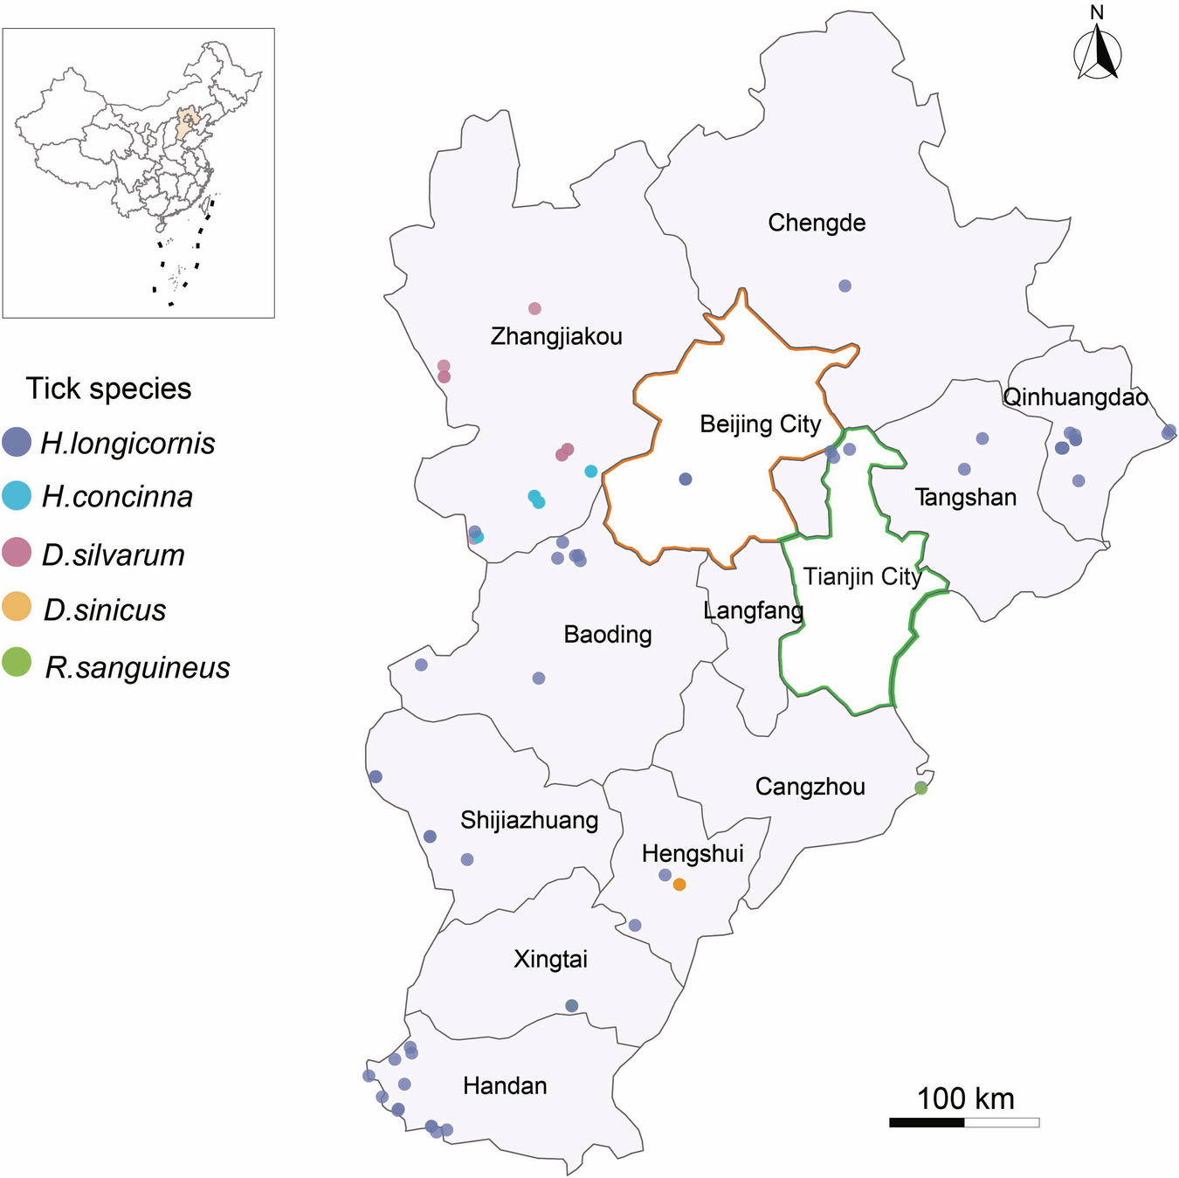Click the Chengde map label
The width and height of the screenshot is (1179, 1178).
[x=817, y=223]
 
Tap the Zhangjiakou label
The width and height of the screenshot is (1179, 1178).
[x=556, y=336]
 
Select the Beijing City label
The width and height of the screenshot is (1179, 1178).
[x=761, y=424]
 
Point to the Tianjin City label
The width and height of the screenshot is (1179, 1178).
[x=863, y=576]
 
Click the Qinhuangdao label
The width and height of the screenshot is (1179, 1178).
[x=1075, y=397]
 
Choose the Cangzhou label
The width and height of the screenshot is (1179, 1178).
[x=810, y=787]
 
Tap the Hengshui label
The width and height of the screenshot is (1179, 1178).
[x=693, y=853]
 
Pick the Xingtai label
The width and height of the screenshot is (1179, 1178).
[x=550, y=959]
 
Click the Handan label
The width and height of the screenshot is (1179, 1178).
[x=505, y=1085]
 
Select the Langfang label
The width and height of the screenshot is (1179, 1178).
[x=753, y=610]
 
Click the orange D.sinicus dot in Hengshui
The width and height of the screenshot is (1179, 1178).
[x=679, y=885]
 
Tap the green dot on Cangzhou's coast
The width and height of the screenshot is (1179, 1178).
[x=920, y=788]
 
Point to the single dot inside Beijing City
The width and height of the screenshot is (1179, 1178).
[x=686, y=479]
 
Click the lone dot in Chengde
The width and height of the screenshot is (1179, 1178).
[x=845, y=286]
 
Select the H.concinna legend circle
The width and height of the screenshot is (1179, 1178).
[x=17, y=496]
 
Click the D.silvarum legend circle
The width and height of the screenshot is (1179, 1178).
[x=17, y=553]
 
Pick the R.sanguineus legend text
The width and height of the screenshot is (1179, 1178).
[x=137, y=667]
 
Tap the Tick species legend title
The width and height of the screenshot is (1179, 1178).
[x=108, y=389]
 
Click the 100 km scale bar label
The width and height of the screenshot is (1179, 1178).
[x=965, y=1099]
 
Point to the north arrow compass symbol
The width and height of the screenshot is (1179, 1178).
[x=1097, y=51]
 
